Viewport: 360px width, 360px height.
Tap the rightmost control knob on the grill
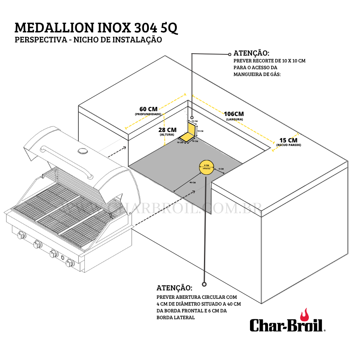pos(70,263)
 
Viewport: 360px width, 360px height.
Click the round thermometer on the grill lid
pos(84,150)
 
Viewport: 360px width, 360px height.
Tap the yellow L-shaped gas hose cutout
pos(188,133)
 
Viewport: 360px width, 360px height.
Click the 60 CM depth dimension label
pos(148,109)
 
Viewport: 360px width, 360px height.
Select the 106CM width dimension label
pos(234,114)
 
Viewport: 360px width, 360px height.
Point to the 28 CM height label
pos(167,130)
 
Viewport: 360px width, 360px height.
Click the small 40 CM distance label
pos(192,182)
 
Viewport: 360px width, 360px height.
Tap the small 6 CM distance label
pos(221,169)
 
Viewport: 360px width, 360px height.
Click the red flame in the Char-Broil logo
pos(305,315)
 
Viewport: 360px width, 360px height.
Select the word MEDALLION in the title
pos(56,28)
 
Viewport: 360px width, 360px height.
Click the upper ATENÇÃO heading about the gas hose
pos(251,53)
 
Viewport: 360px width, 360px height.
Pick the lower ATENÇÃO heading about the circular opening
pos(174,288)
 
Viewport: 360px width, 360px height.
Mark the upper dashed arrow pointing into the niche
pos(113,151)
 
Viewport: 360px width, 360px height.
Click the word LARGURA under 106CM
pos(234,120)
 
